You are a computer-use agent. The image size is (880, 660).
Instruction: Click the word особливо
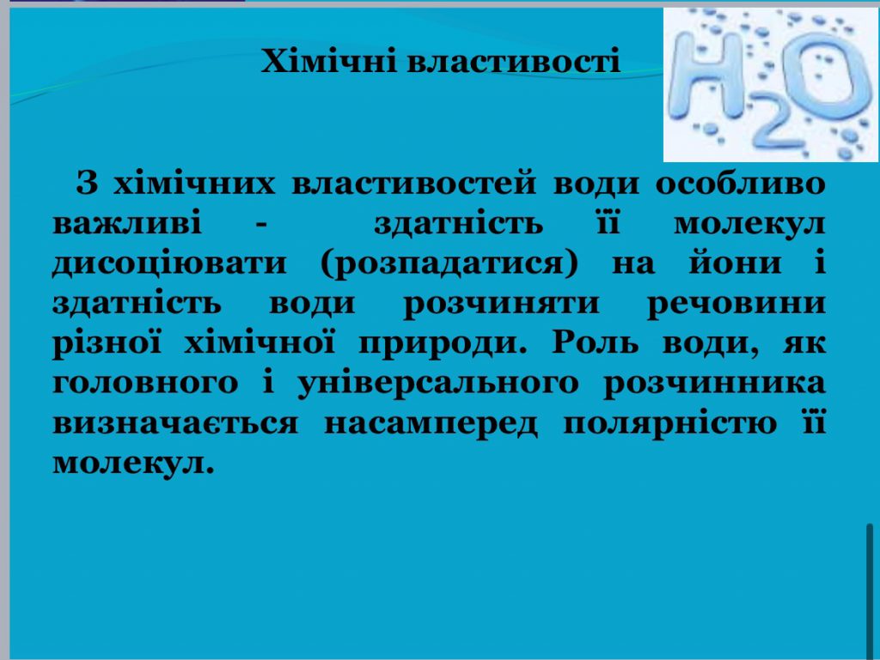[741, 185]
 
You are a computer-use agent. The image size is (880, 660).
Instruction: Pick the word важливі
[128, 224]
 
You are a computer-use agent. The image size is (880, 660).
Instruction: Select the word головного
[145, 384]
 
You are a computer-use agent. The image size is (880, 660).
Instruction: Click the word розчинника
[715, 384]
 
